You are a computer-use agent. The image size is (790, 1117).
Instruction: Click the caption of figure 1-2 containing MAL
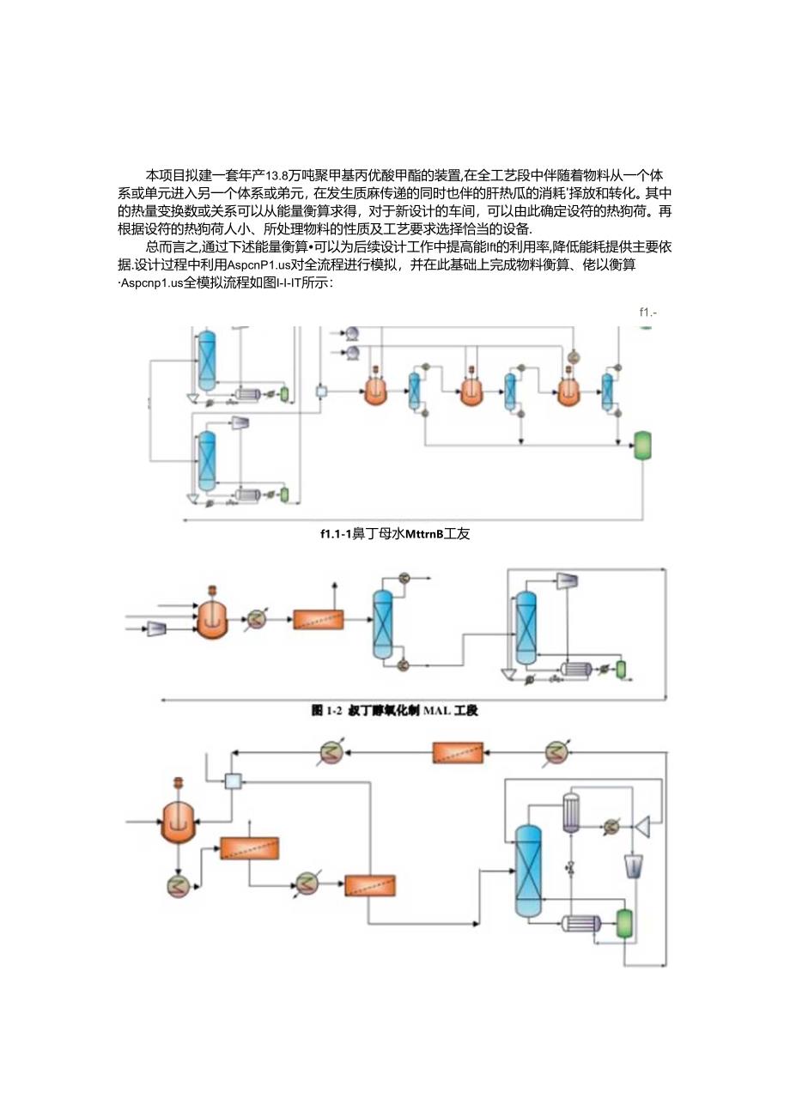[x=400, y=710]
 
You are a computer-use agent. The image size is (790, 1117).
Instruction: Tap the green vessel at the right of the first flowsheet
[x=641, y=444]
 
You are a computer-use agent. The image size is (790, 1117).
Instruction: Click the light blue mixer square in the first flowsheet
[x=321, y=392]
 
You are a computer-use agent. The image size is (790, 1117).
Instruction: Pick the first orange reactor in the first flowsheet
[x=375, y=391]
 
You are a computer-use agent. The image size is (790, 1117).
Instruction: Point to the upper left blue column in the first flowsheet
[x=206, y=361]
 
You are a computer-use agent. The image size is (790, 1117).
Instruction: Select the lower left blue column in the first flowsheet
[x=206, y=460]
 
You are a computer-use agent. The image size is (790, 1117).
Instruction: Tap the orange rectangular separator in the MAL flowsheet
[x=318, y=619]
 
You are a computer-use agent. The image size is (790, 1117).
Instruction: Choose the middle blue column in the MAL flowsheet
[x=381, y=624]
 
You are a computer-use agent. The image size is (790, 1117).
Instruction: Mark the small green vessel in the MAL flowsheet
[x=620, y=668]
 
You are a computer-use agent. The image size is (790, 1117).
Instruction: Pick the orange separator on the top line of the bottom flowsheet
[x=456, y=753]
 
